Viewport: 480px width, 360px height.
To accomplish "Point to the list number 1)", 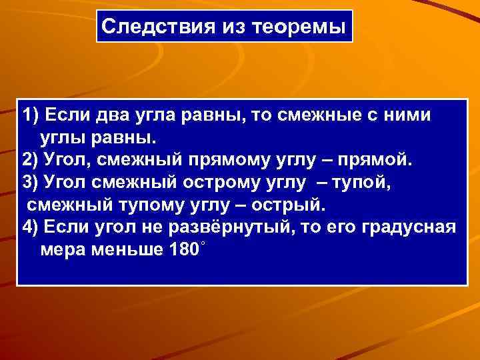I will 31,115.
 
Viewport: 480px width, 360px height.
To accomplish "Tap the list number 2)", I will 31,161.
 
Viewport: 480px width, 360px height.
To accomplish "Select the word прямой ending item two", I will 380,161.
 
